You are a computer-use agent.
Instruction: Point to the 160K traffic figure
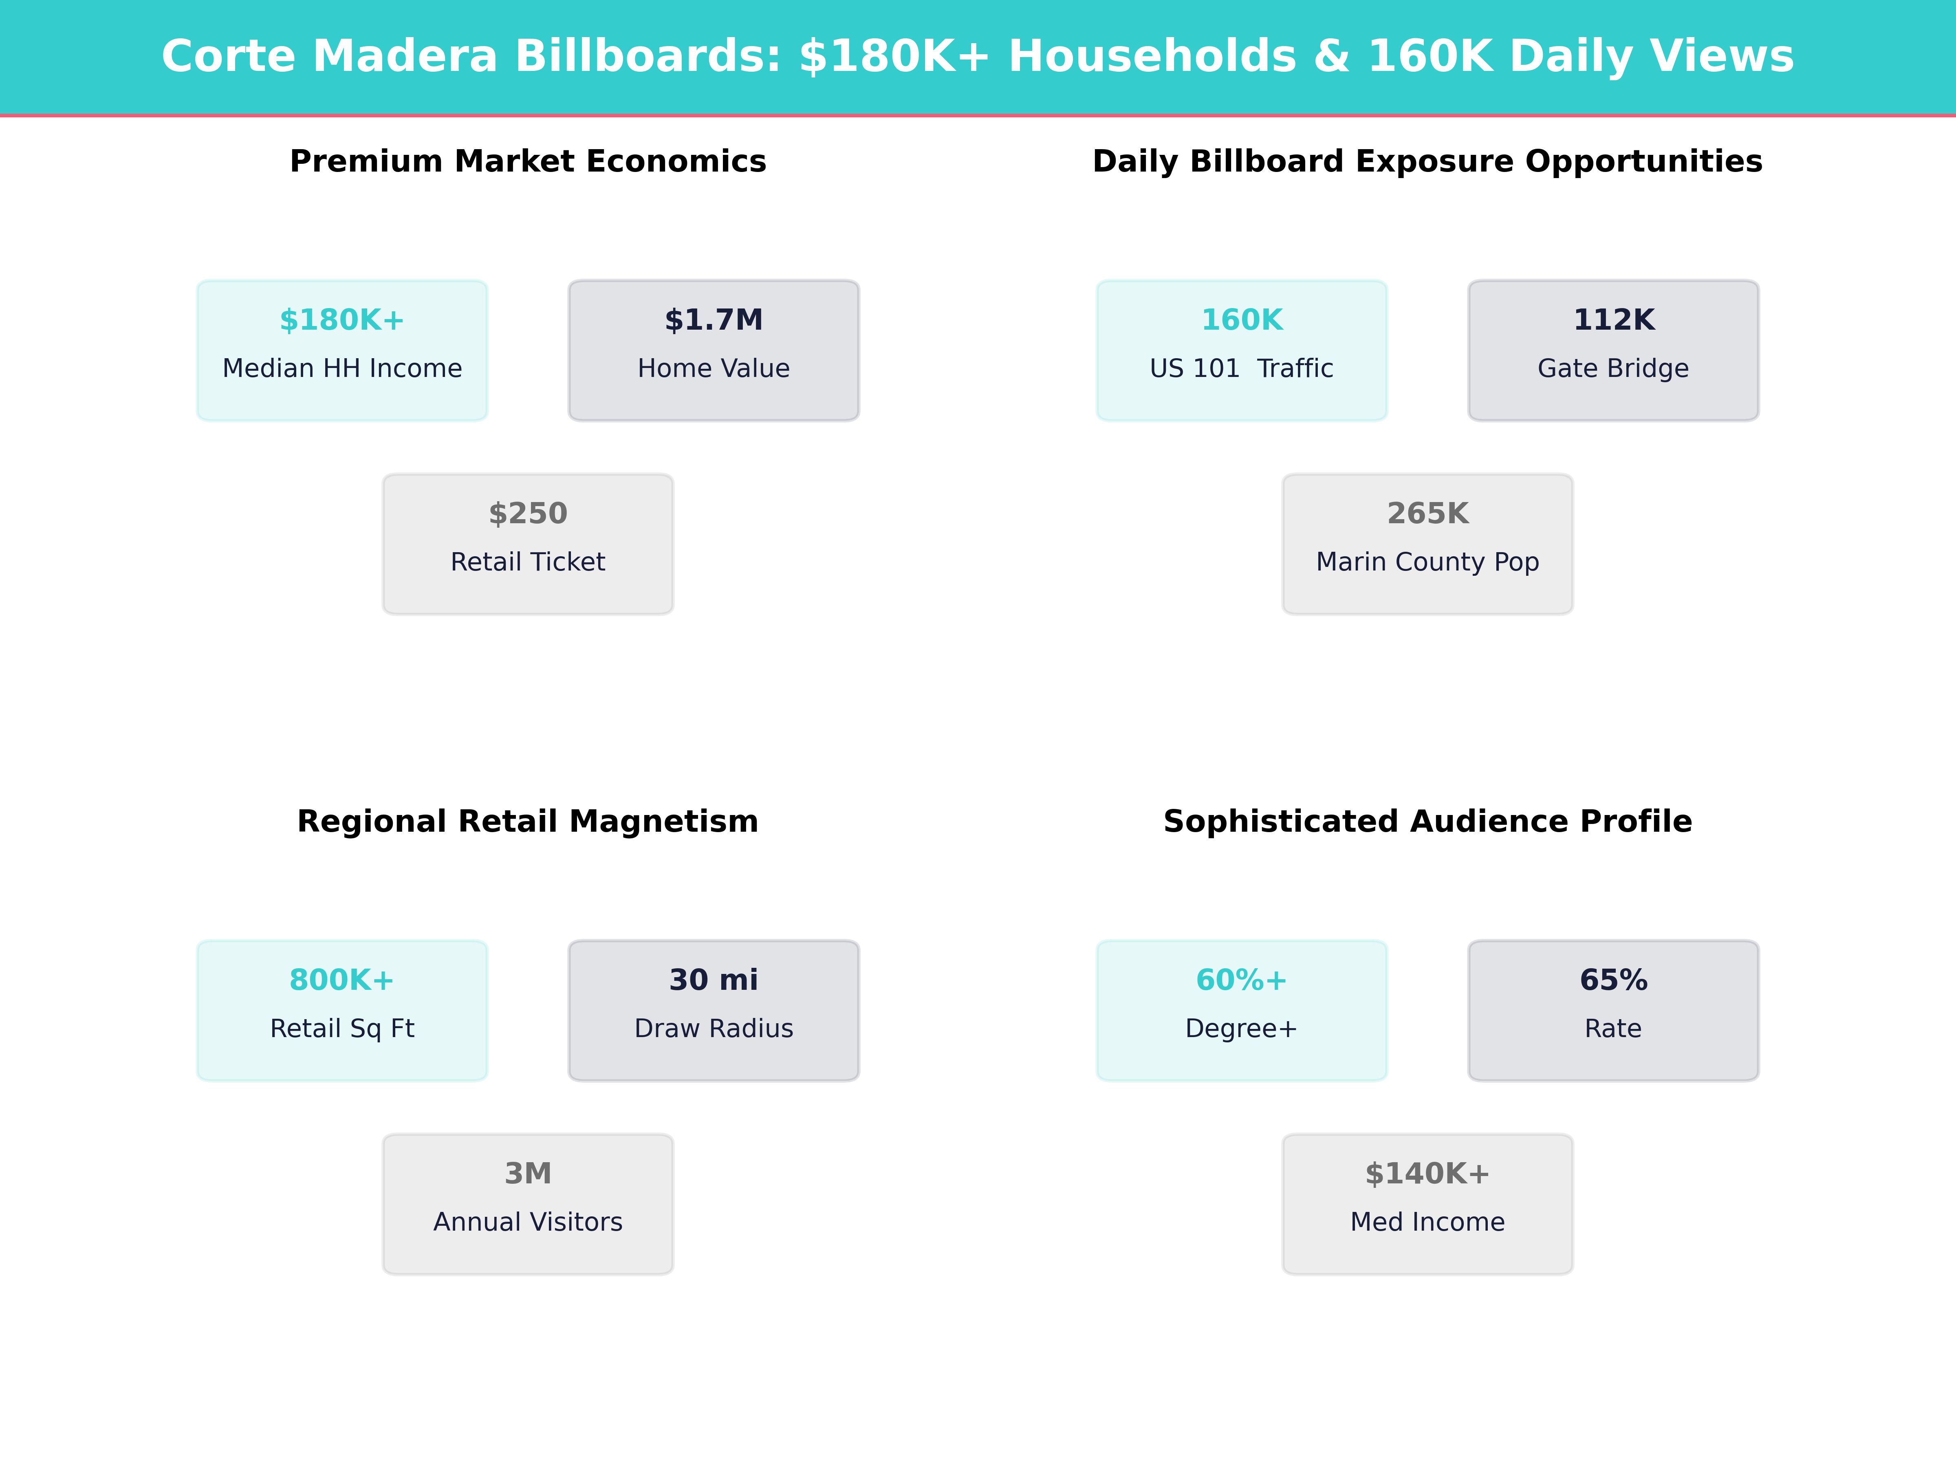(x=1242, y=320)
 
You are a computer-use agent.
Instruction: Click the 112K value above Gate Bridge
(x=1613, y=320)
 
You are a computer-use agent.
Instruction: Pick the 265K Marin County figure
(x=1427, y=514)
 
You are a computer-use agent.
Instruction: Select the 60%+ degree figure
(x=1242, y=980)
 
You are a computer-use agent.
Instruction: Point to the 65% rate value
(x=1613, y=980)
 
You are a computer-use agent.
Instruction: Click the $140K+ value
(x=1427, y=1174)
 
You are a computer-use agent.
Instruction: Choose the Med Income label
(x=1427, y=1222)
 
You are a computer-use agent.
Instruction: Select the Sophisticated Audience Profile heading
(x=1427, y=822)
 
